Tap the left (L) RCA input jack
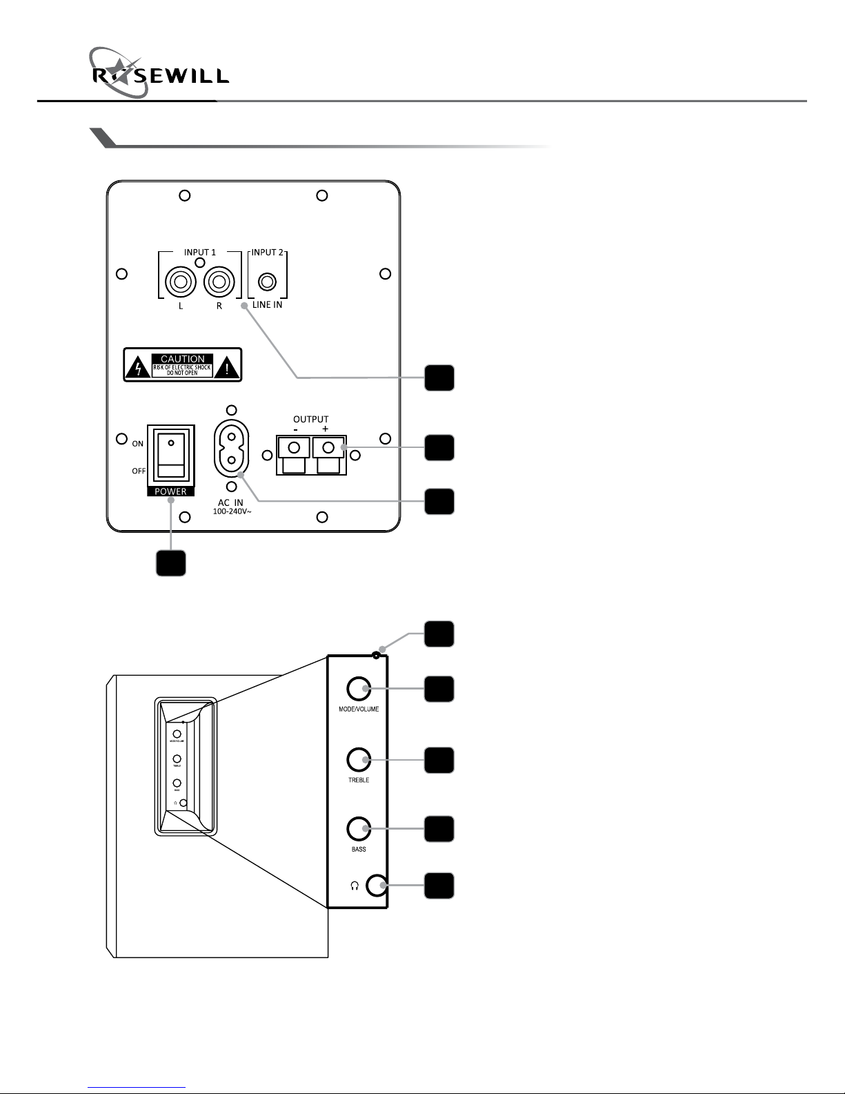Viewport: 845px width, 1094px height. click(x=181, y=282)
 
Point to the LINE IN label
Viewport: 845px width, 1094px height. click(x=267, y=304)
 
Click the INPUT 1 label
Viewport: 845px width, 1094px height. click(x=200, y=252)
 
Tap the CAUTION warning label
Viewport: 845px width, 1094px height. click(x=183, y=364)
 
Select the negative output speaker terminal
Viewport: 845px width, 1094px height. click(x=294, y=449)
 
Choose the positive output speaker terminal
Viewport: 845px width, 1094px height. click(x=328, y=449)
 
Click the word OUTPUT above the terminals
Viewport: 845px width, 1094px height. click(x=311, y=419)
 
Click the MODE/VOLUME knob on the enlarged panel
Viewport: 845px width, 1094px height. click(x=359, y=688)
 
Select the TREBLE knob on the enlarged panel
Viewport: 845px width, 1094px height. click(x=359, y=760)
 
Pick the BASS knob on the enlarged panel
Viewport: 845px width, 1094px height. click(x=359, y=828)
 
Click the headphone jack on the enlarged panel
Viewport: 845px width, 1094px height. click(x=377, y=885)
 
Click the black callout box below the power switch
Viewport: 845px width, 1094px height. click(x=170, y=563)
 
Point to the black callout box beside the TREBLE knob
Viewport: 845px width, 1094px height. click(x=439, y=760)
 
